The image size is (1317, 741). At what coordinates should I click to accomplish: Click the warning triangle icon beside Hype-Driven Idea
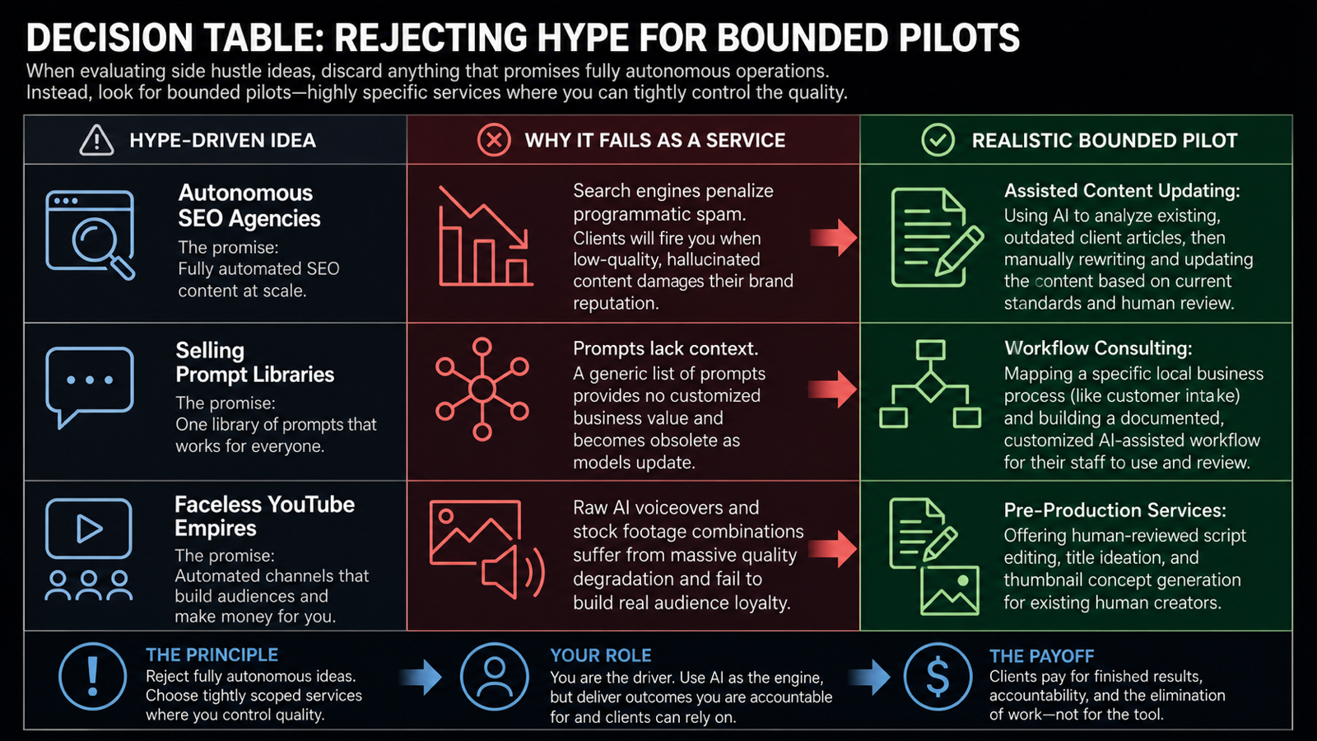click(x=96, y=140)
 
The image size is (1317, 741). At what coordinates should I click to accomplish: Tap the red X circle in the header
click(x=494, y=140)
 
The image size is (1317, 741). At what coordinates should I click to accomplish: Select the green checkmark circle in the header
click(x=938, y=140)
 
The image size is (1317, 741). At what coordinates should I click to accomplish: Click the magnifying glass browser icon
click(x=91, y=235)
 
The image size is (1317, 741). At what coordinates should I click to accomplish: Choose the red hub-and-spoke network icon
click(x=482, y=389)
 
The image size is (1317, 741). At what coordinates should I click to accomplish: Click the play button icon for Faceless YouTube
click(x=89, y=528)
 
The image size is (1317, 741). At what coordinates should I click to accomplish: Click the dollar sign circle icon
click(x=938, y=676)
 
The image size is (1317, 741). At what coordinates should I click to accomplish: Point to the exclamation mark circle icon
click(x=92, y=676)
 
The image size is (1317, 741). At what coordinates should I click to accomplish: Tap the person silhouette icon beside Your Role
click(x=494, y=676)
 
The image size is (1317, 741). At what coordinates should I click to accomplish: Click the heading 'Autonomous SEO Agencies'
click(x=249, y=205)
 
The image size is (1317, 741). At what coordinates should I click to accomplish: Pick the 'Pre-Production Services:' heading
click(x=1115, y=510)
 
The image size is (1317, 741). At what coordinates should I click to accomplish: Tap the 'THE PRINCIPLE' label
click(x=212, y=655)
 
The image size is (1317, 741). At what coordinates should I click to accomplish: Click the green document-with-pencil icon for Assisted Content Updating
click(x=936, y=238)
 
